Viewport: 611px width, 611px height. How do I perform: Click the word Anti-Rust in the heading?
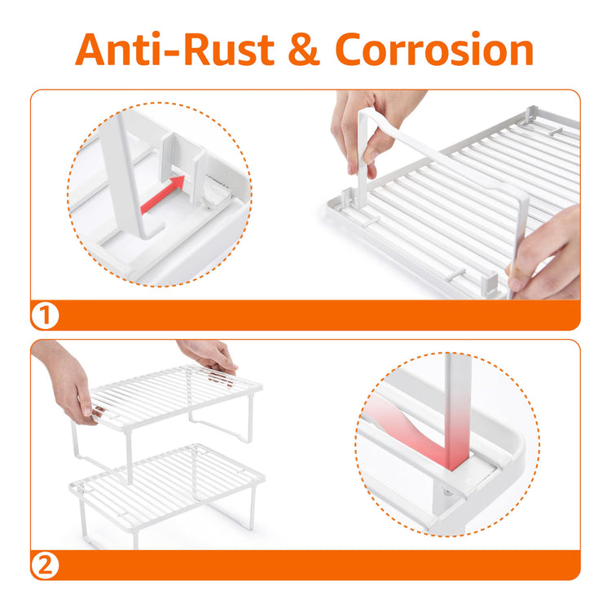click(175, 50)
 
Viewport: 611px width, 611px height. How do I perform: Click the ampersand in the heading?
click(305, 50)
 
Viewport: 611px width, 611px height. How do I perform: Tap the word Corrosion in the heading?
click(434, 50)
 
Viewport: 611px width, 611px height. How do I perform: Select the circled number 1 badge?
click(45, 315)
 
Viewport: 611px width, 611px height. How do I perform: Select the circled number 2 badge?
click(45, 565)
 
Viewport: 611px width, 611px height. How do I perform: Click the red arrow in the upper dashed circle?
click(162, 194)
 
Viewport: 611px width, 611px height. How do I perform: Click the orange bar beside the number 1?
click(319, 315)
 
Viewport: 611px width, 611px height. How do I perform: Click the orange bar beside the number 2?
click(319, 565)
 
